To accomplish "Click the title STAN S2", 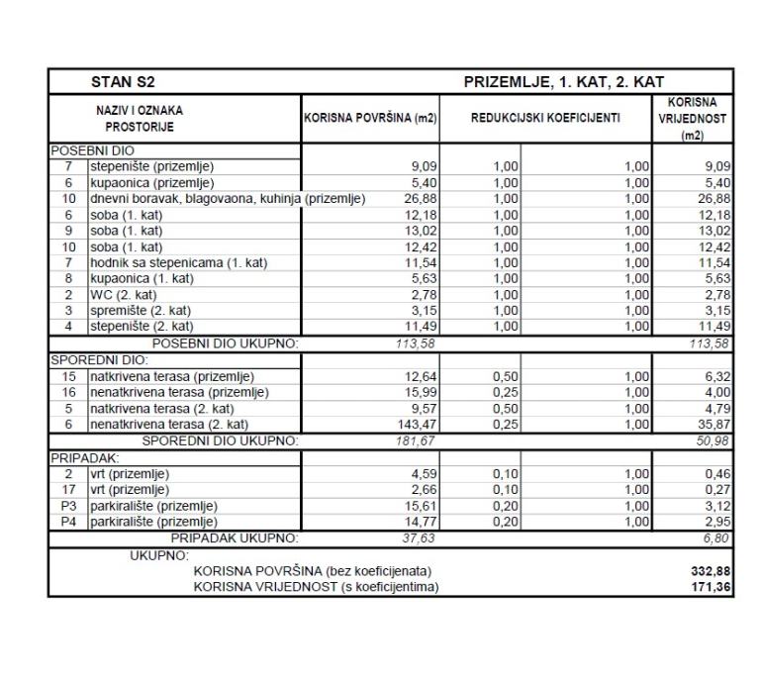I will click(x=123, y=81).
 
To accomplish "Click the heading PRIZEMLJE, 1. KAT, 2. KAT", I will click(x=563, y=81).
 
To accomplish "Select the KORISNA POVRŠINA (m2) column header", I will click(x=370, y=119).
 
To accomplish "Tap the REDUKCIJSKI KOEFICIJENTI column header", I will click(x=545, y=119).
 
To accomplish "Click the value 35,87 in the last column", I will click(x=714, y=424).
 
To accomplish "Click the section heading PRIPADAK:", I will click(x=84, y=456).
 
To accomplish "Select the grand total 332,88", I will click(x=711, y=571).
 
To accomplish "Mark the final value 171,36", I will click(x=711, y=587).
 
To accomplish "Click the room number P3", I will click(x=68, y=505).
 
